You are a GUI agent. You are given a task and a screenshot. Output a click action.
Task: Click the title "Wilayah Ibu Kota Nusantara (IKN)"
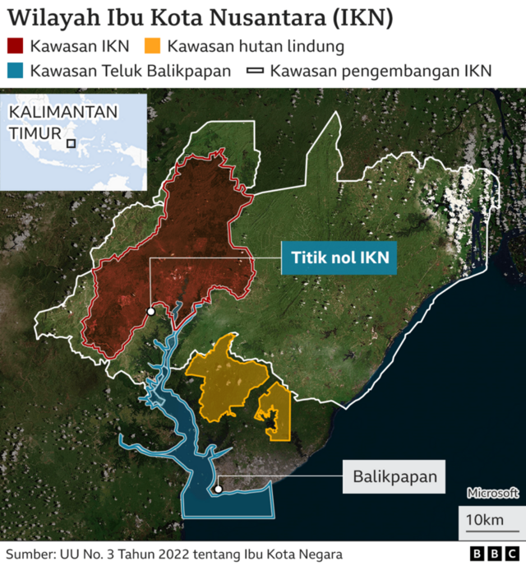(200, 17)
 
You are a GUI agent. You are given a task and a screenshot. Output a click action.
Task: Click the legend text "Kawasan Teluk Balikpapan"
(130, 71)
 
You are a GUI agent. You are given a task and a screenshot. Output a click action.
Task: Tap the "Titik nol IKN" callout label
(339, 258)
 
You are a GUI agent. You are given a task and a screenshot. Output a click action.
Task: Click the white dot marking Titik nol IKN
(150, 312)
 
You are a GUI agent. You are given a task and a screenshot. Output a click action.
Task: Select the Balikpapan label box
(394, 476)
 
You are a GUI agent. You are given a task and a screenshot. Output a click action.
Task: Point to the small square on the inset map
(72, 143)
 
